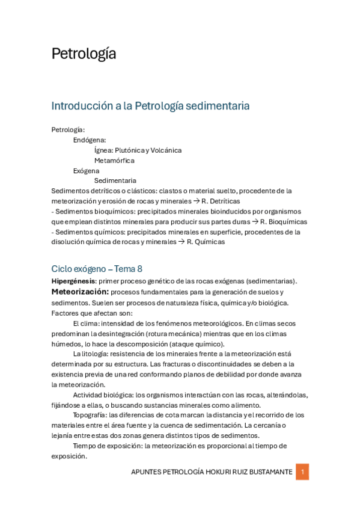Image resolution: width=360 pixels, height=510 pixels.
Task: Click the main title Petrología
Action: pyautogui.click(x=84, y=54)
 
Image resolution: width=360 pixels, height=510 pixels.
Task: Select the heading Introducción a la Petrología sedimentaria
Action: pyautogui.click(x=150, y=106)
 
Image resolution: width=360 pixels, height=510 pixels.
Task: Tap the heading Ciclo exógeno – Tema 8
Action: pyautogui.click(x=97, y=269)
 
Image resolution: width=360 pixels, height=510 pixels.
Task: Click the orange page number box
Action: pyautogui.click(x=302, y=472)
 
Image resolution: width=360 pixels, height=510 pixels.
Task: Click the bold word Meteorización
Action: pyautogui.click(x=80, y=292)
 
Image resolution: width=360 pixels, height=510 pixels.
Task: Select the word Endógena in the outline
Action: pyautogui.click(x=90, y=140)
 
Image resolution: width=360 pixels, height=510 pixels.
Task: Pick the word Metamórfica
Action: pyautogui.click(x=114, y=161)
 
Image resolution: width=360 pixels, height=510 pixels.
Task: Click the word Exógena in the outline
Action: pyautogui.click(x=87, y=171)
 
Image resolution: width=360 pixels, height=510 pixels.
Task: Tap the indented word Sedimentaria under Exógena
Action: pyautogui.click(x=115, y=180)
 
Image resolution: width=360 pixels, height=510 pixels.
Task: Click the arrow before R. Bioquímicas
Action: pyautogui.click(x=255, y=221)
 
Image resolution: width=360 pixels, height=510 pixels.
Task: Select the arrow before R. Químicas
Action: pyautogui.click(x=180, y=242)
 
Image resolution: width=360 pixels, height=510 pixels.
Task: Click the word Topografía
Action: pyautogui.click(x=89, y=415)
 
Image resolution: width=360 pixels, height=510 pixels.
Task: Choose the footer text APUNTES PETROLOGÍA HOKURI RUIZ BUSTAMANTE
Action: pyautogui.click(x=212, y=472)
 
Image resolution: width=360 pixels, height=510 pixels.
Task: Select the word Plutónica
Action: pyautogui.click(x=130, y=150)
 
